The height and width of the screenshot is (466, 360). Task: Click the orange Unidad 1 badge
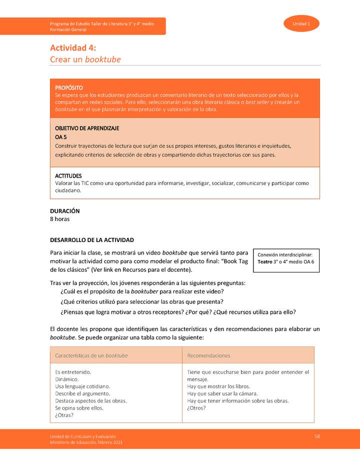[x=301, y=24]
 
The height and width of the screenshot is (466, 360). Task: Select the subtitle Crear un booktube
[x=85, y=59]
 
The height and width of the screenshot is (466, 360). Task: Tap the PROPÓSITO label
[x=69, y=88]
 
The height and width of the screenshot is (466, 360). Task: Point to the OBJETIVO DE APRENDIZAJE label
[x=87, y=128]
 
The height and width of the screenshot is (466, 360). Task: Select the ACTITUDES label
[x=68, y=176]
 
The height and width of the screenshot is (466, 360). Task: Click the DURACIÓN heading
[x=65, y=211]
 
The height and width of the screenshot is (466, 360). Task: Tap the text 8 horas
[x=60, y=219]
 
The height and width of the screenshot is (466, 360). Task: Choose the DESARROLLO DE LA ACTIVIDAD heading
[x=92, y=240]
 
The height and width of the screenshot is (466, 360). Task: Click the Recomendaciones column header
[x=208, y=355]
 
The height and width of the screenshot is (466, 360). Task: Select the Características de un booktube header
[x=91, y=355]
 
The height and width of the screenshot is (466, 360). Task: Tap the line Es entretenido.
[x=73, y=372]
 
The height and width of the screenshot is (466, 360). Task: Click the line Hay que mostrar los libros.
[x=218, y=386]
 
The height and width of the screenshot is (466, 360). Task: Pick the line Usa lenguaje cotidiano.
[x=82, y=386]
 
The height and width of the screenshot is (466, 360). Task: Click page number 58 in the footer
[x=317, y=436]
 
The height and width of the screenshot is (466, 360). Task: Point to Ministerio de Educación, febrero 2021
[x=86, y=442]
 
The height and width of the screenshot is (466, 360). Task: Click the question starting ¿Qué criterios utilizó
[x=141, y=301]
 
